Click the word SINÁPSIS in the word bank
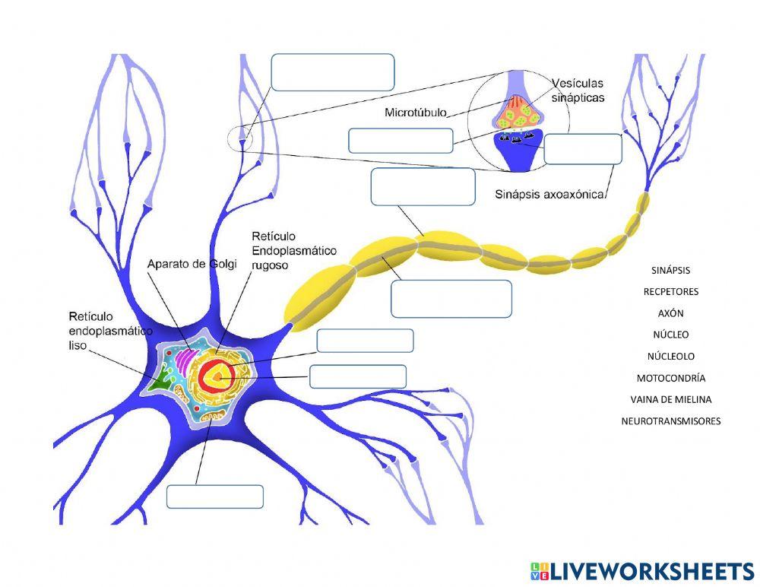point(670,270)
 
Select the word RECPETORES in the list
point(670,291)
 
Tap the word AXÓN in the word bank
point(670,313)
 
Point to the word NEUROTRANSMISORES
point(670,420)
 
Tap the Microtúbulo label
point(416,113)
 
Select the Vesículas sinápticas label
point(578,90)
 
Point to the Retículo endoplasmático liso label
point(110,330)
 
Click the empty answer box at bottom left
point(215,497)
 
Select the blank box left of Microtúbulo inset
point(401,141)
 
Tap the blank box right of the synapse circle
point(583,149)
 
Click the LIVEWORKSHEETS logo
point(641,572)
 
